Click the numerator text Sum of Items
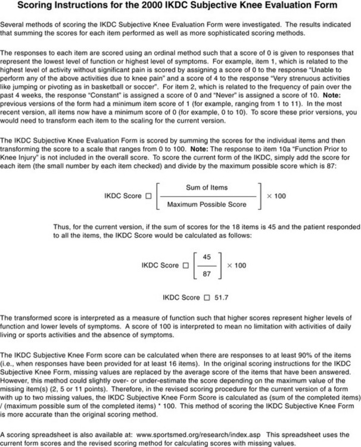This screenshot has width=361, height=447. [x=207, y=187]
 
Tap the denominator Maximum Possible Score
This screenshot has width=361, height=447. [x=207, y=204]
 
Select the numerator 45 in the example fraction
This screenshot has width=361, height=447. [x=207, y=257]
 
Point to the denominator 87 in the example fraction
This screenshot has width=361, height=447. [x=207, y=274]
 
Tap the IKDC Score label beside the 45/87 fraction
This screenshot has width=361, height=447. [x=160, y=265]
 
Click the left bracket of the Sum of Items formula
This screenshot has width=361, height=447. [x=157, y=196]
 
